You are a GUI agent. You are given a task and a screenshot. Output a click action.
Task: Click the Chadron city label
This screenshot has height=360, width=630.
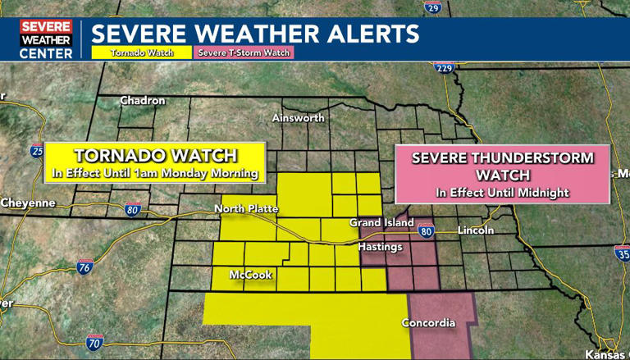coord(143,100)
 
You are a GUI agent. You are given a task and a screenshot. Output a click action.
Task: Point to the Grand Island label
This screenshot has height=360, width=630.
coord(377,223)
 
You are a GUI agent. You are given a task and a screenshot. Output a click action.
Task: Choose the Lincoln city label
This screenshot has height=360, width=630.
coord(477,230)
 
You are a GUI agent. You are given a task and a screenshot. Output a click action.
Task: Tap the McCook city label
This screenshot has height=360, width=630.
coord(250,275)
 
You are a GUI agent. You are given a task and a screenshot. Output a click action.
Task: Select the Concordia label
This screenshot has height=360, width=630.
coord(428,323)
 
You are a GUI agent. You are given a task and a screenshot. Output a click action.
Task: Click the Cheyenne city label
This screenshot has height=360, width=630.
coord(28,203)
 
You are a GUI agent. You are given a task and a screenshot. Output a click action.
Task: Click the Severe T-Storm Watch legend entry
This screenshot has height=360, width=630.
coord(243,52)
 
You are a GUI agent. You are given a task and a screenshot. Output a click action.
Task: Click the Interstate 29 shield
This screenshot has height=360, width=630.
coord(434,7)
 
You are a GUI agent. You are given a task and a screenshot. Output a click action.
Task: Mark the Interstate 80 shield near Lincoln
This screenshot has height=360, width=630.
coord(425,232)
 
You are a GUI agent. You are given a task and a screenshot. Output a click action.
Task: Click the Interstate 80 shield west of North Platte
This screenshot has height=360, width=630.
coord(133,210)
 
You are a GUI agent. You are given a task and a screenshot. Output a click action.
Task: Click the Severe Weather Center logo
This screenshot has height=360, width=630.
coord(47,39)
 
